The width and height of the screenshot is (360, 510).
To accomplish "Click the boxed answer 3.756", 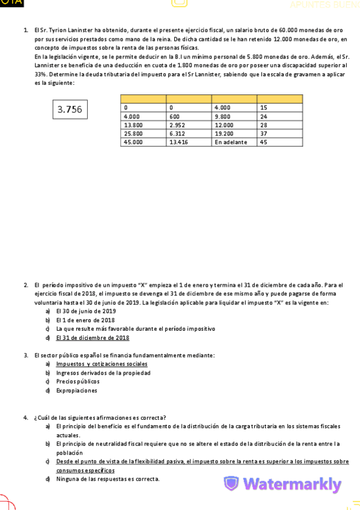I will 70,109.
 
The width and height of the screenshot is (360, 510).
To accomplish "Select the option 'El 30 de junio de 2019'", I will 86,312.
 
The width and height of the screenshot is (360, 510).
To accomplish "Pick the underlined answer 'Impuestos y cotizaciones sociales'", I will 102,364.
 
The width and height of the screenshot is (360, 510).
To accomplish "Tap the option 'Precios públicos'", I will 78,381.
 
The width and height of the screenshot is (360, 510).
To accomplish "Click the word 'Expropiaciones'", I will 76,390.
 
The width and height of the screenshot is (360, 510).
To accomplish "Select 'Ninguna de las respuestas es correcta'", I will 108,479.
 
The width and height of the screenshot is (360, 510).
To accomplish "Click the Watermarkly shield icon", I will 231,484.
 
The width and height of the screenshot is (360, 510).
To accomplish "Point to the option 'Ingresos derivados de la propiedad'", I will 103,373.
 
